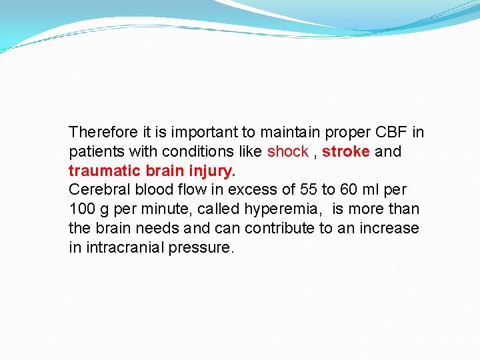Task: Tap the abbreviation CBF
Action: [389, 132]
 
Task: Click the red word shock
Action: [287, 151]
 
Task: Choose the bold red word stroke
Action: [345, 151]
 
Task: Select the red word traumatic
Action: [101, 171]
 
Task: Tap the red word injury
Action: [211, 171]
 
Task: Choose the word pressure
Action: [202, 248]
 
